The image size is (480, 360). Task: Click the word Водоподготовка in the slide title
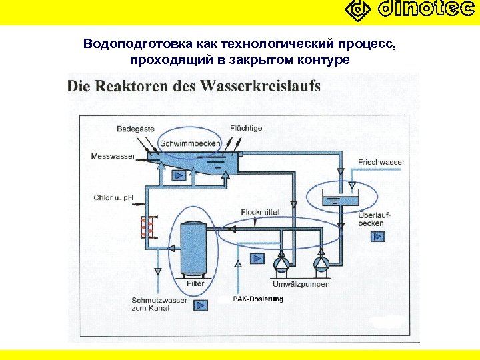(137, 45)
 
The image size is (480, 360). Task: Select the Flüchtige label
(246, 128)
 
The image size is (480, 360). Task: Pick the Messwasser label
(113, 157)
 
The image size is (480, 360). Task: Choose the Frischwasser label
(381, 162)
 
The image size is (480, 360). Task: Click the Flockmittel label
(259, 211)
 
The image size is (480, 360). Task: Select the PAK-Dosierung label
(258, 299)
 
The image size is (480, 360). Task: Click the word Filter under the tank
(195, 283)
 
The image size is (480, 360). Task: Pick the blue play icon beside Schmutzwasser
(200, 305)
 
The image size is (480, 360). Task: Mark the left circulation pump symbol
(283, 263)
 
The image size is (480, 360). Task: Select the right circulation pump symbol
(322, 263)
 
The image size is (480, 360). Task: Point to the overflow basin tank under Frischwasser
(339, 199)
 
